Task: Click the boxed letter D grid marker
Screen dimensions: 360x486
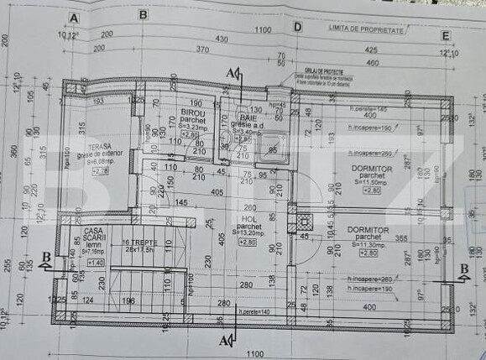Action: pos(297,25)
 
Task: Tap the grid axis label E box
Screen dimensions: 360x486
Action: pos(444,36)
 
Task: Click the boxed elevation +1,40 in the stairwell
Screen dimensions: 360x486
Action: pos(95,263)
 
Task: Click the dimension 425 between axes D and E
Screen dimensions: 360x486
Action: pos(370,49)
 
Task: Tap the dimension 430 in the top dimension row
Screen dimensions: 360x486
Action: pos(221,39)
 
